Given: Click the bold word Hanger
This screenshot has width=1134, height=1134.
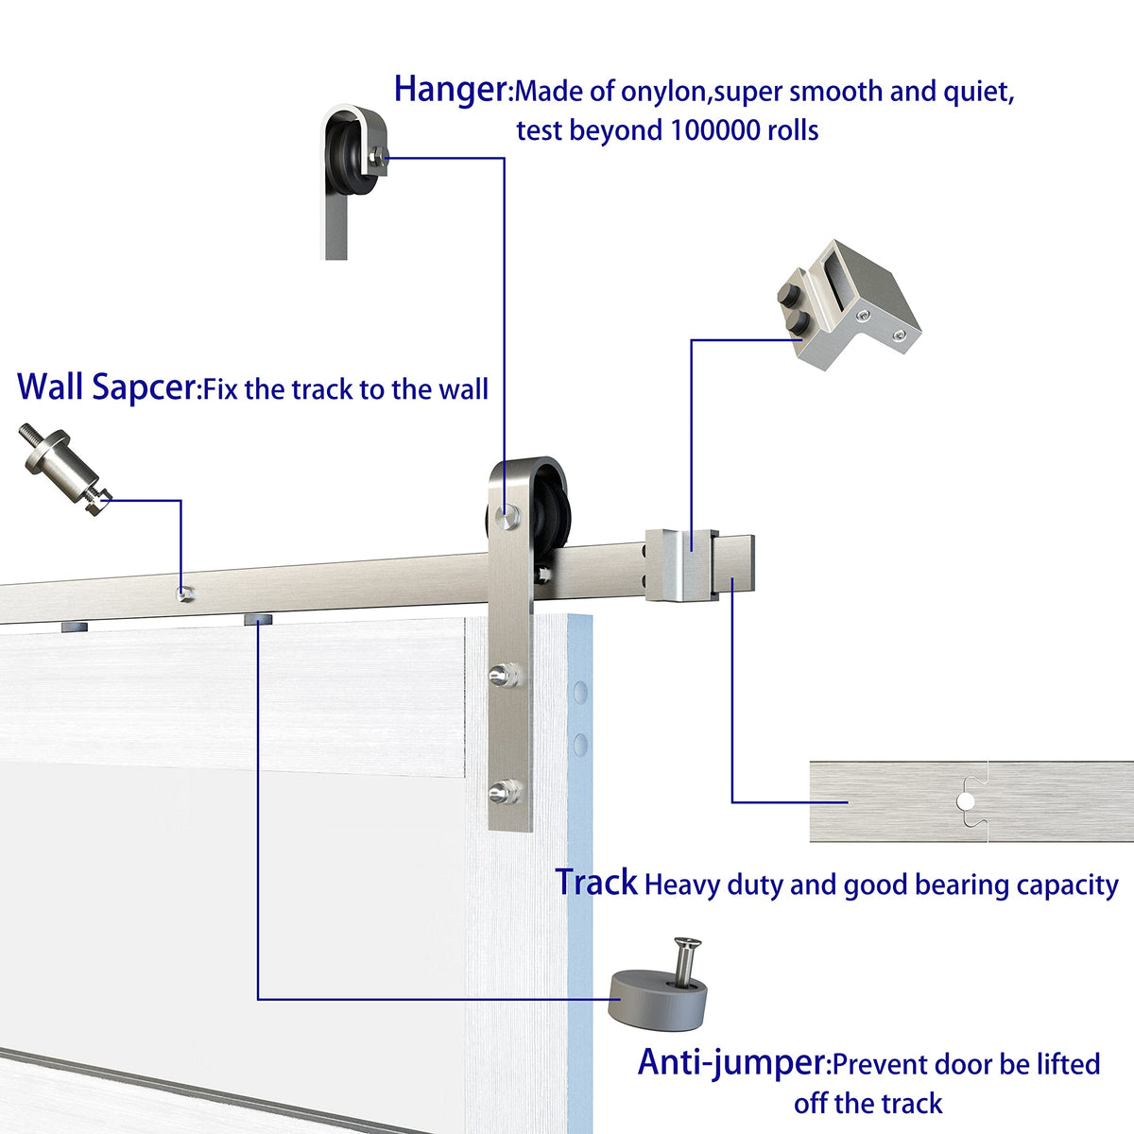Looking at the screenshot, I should point(451,90).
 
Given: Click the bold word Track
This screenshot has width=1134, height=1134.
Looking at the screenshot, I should point(596,883).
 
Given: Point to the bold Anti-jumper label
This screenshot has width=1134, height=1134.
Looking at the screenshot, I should point(730,1062).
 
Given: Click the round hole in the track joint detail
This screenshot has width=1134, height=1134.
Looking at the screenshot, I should point(965,801).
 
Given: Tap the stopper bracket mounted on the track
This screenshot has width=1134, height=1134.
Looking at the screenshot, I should point(679,565).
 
